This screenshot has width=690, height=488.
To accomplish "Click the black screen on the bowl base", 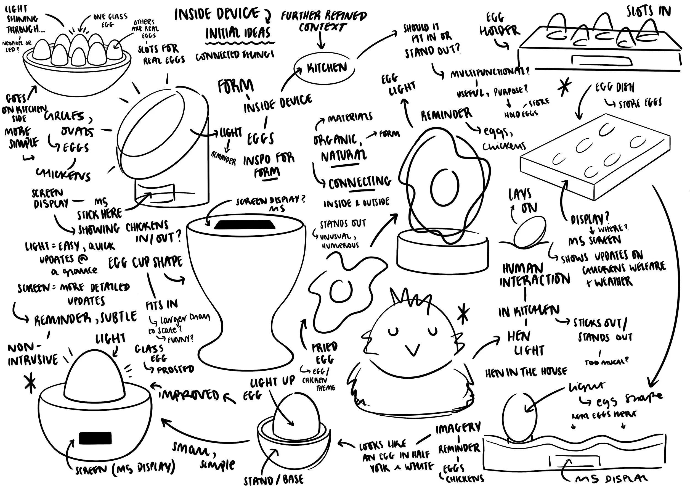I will pos(95,438).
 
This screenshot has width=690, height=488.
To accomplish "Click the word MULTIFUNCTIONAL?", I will pos(490,73).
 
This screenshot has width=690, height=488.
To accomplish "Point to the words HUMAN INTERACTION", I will pos(534,275).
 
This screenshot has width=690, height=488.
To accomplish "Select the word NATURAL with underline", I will pos(344,156).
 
